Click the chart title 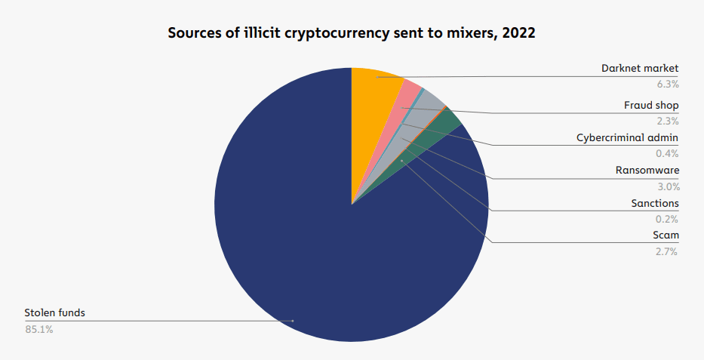[352, 34]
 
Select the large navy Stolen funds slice [317, 249]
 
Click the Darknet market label [640, 69]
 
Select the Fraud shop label [651, 105]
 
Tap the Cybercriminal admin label [628, 138]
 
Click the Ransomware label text [647, 171]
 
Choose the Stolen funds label [50, 312]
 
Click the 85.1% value [39, 329]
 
